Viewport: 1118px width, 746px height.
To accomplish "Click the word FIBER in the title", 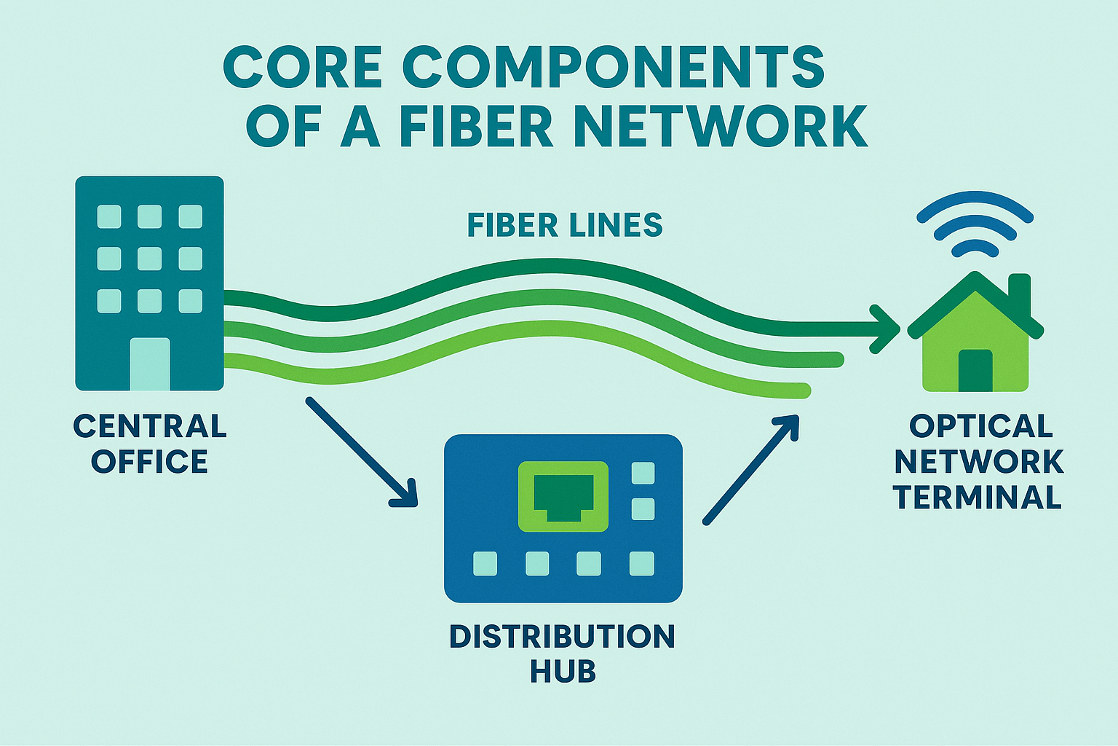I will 476,126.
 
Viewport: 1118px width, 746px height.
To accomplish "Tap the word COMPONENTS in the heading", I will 614,66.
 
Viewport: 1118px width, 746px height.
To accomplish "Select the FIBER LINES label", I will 565,225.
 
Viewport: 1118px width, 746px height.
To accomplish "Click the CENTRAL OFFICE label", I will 150,444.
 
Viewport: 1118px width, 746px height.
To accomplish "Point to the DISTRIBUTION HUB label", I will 562,653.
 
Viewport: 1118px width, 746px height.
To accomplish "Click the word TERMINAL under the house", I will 978,498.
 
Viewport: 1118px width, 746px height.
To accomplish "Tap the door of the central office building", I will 150,364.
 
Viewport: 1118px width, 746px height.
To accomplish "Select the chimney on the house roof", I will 1020,291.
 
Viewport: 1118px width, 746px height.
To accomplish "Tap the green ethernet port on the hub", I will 563,496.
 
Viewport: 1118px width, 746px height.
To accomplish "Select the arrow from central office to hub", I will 362,452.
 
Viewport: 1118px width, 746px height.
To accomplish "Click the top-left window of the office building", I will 109,216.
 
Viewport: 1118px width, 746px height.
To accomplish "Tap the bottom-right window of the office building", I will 191,300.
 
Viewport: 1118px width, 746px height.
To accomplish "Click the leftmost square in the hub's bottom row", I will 485,563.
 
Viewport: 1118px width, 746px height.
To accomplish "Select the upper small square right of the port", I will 643,474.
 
